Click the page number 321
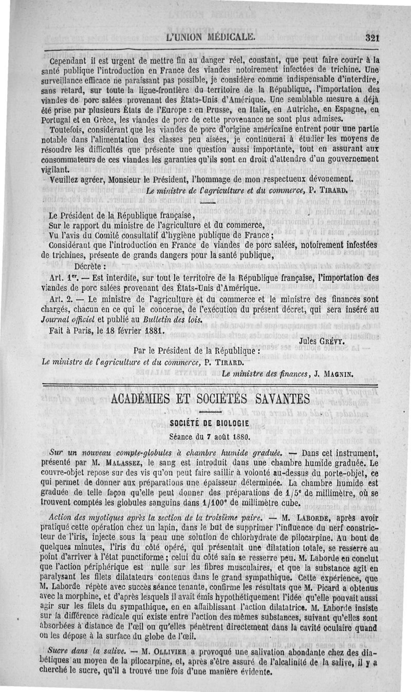pyautogui.click(x=371, y=37)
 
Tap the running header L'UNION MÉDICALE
pyautogui.click(x=210, y=37)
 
